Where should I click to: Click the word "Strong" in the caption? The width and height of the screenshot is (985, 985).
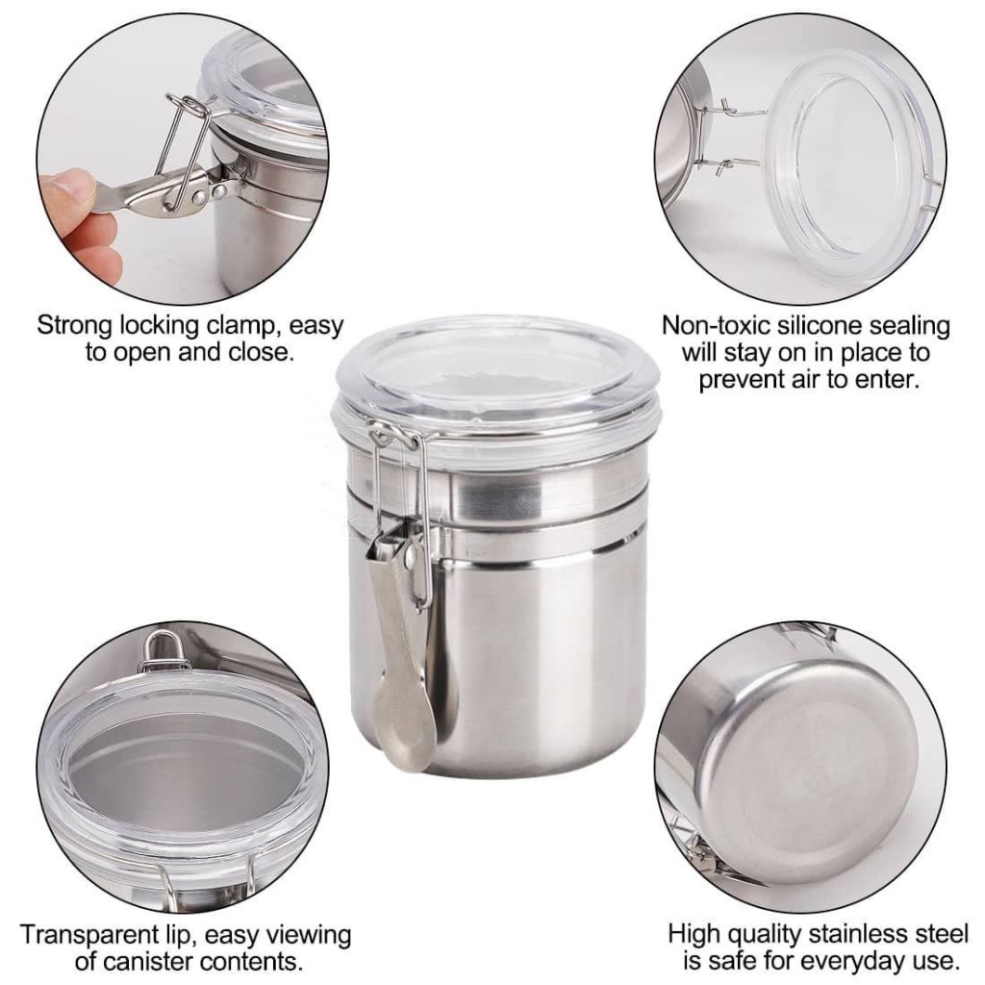75,326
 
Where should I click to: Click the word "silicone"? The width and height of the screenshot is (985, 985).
821,325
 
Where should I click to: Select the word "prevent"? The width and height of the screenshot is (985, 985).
737,379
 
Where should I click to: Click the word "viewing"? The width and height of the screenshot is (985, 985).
308,935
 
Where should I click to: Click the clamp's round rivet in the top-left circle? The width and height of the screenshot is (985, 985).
199,198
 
